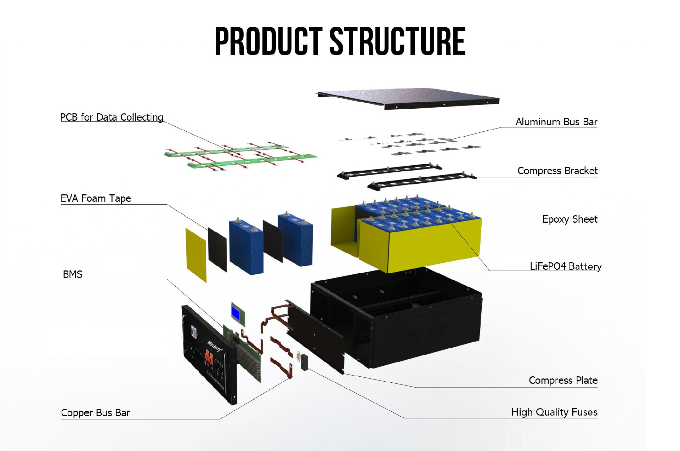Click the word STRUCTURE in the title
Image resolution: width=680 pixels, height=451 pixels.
[x=397, y=42]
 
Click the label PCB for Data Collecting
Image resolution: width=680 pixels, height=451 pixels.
[x=112, y=117]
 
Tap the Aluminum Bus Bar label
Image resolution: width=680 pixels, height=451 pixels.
[x=556, y=122]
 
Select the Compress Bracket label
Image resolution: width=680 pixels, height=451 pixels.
[x=557, y=171]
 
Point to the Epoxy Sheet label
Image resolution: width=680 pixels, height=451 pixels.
[x=569, y=219]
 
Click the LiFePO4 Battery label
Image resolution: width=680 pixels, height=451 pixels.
[x=565, y=266]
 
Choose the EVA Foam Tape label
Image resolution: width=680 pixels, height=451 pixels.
[x=96, y=198]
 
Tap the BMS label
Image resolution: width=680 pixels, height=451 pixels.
[x=73, y=274]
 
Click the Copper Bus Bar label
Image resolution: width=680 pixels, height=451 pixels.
[x=96, y=413]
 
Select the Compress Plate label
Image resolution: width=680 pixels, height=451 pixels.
[x=563, y=380]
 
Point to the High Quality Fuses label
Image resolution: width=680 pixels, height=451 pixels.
[x=554, y=412]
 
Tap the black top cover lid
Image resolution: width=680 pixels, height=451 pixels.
[x=407, y=97]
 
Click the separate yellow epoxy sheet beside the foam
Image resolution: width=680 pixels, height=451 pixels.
[x=196, y=255]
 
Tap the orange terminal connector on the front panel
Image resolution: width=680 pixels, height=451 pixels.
[x=209, y=358]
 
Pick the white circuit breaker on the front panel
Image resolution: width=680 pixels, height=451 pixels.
[x=193, y=331]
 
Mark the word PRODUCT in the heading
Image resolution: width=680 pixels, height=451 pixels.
[x=268, y=42]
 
